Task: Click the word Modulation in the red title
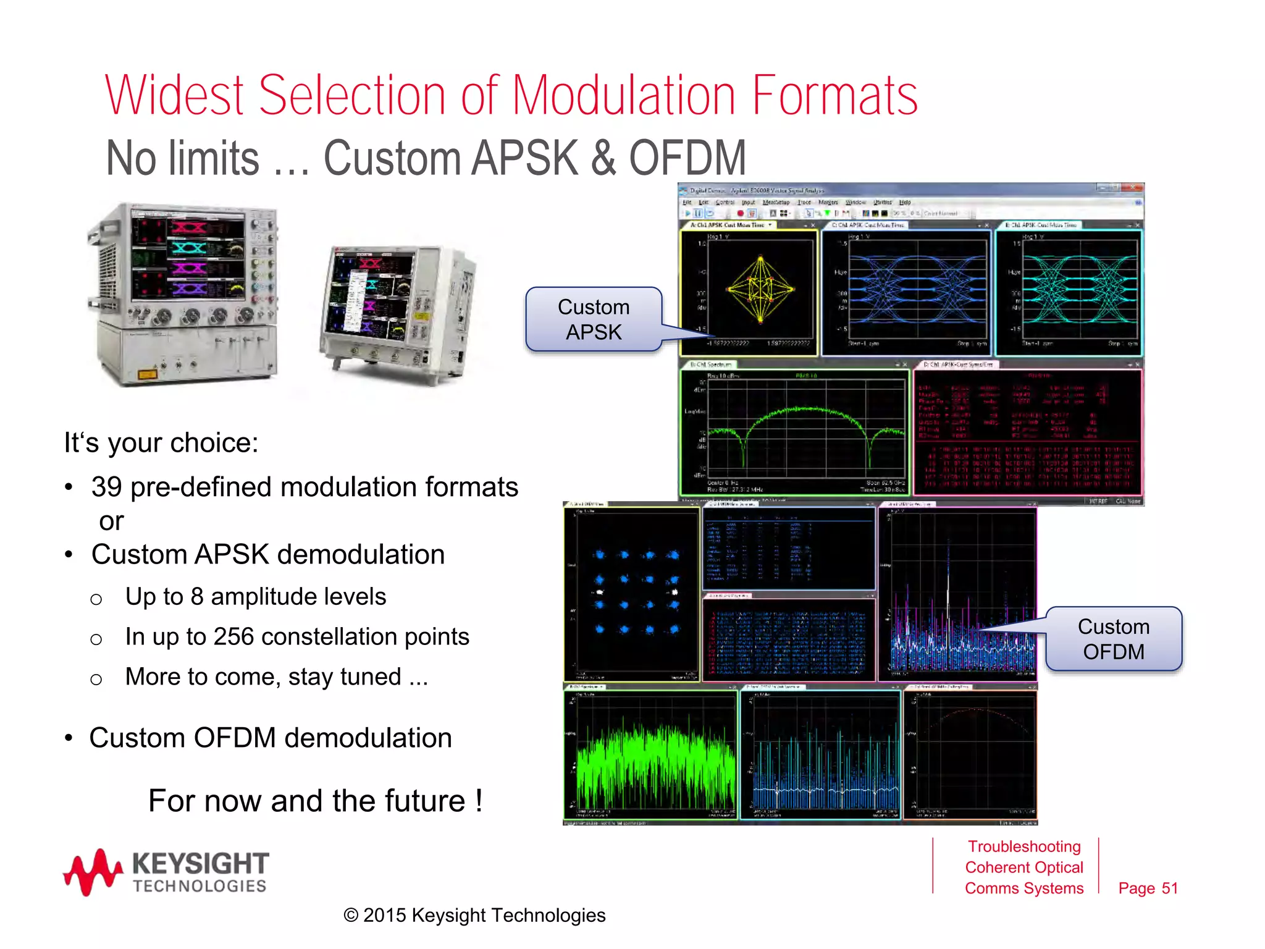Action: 624,96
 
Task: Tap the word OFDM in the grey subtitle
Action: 687,158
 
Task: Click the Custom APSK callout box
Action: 593,319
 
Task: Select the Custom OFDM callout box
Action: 1113,639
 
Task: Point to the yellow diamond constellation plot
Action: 760,289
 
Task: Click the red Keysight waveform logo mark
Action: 93,872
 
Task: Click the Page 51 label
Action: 1148,888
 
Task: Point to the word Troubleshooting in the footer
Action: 1023,846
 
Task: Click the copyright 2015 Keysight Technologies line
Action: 474,915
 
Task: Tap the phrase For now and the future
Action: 315,801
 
